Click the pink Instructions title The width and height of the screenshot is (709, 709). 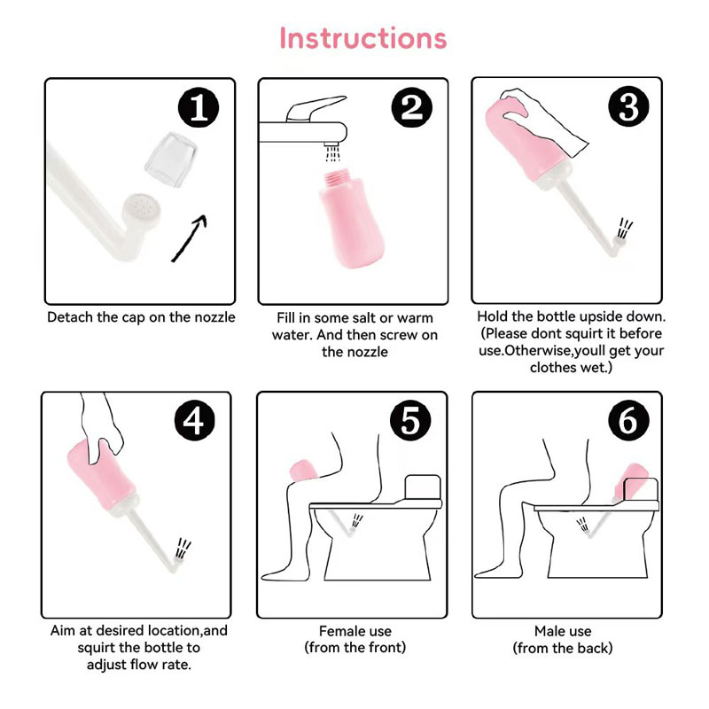click(363, 38)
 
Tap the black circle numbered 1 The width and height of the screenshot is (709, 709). click(199, 107)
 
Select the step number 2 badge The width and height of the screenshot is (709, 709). click(411, 107)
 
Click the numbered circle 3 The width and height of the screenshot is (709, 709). click(628, 106)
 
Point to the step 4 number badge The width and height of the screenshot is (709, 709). click(195, 421)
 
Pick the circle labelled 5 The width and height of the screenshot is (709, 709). click(411, 420)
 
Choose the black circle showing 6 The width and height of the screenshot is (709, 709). click(628, 420)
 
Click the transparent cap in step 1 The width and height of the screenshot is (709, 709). click(171, 160)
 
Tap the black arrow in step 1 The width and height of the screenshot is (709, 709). click(189, 238)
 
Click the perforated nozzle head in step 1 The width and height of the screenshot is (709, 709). click(142, 212)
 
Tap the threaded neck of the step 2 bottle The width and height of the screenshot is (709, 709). click(339, 176)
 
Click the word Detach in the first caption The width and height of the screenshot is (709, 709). click(69, 317)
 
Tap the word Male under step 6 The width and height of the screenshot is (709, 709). click(548, 631)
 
